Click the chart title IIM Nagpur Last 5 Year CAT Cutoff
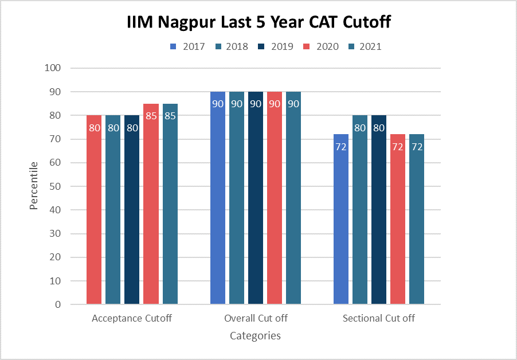(258, 23)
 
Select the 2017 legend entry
(190, 46)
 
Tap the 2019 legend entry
(278, 46)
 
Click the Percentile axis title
(34, 186)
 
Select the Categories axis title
(255, 336)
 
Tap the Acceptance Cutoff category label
(132, 318)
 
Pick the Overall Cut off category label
(256, 318)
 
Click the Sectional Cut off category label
(378, 318)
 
